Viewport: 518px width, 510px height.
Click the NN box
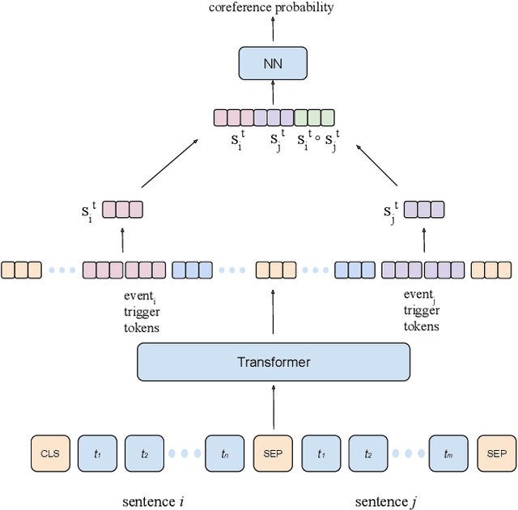click(273, 63)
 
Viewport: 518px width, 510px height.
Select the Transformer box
click(273, 362)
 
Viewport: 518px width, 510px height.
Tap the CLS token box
click(50, 453)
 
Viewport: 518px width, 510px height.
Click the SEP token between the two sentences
click(273, 453)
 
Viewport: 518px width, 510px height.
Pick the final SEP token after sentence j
click(496, 453)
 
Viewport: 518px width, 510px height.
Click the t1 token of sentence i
click(98, 453)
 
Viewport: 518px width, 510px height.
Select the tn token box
click(225, 453)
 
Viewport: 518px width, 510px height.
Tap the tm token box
click(448, 453)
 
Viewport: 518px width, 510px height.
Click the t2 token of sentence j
click(368, 453)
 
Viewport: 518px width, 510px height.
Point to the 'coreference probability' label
click(272, 7)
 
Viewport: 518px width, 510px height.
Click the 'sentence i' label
click(154, 501)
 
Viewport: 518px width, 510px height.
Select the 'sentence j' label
click(385, 501)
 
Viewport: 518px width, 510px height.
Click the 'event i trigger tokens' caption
click(142, 312)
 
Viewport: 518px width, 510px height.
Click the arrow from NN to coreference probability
click(273, 31)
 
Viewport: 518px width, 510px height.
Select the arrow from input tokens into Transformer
click(273, 405)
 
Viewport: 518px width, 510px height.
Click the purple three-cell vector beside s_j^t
click(424, 210)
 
